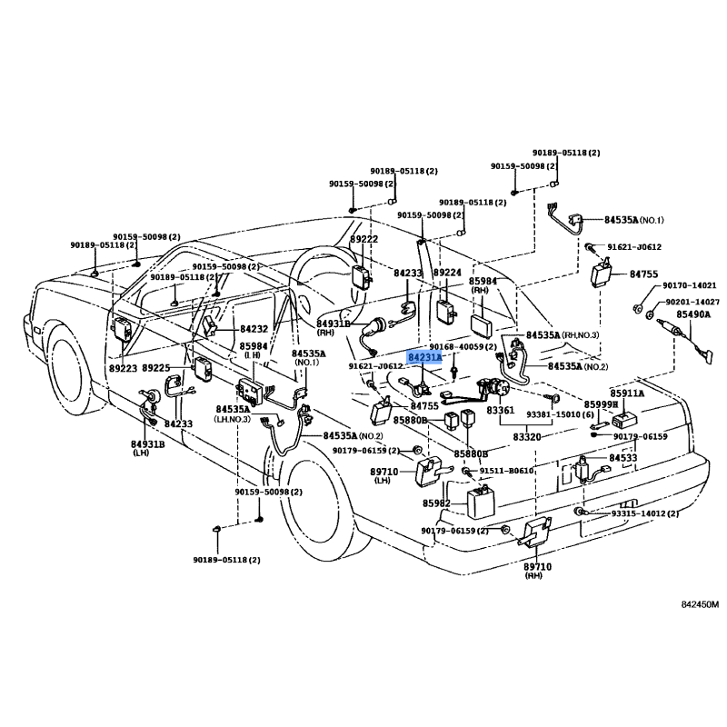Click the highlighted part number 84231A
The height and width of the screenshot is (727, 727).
coord(424,358)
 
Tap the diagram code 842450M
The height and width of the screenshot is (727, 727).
coord(700,604)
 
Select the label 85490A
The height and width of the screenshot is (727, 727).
coord(693,314)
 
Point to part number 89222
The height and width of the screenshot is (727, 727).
coord(364,239)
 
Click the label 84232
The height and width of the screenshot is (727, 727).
coord(254,329)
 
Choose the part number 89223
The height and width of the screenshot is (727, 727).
coord(124,368)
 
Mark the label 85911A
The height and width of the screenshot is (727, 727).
coord(627,393)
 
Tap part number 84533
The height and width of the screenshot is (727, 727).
coord(623,458)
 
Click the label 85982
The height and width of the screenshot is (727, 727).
coord(436,503)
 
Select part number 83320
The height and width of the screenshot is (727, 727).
coord(527,437)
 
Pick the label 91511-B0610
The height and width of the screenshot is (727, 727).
coord(506,471)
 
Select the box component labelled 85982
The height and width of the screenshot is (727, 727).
coord(482,501)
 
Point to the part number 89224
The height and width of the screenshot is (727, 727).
coord(447,273)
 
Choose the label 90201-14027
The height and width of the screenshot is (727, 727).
coord(692,302)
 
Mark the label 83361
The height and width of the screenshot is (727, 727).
coord(501,411)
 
